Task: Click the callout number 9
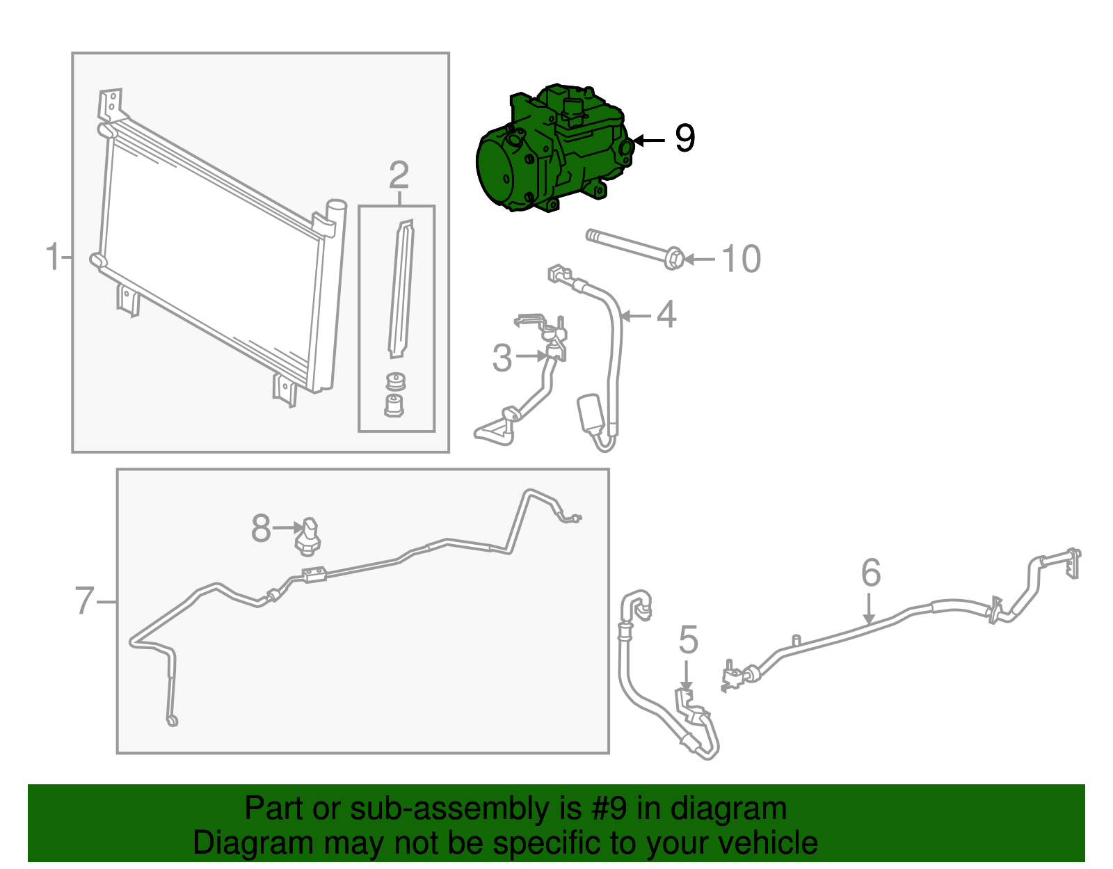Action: [684, 138]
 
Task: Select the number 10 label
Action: [741, 259]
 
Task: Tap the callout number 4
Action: [666, 314]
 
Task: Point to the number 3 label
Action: [502, 358]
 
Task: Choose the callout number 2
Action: [399, 175]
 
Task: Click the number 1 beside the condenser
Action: [54, 256]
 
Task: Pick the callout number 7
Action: [84, 600]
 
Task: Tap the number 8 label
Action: [261, 528]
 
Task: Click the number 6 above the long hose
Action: [871, 572]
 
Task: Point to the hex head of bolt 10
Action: [674, 259]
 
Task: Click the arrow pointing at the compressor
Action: [649, 140]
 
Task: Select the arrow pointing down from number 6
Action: [869, 609]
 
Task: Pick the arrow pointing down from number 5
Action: [687, 676]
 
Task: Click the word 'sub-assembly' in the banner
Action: [465, 808]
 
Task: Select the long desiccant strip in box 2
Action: [401, 289]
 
